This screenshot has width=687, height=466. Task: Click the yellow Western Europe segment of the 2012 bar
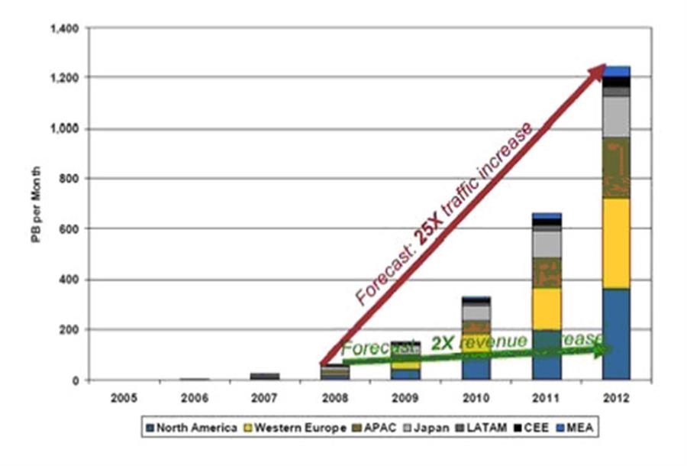pos(616,242)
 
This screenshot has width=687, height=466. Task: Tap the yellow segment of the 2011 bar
pos(546,308)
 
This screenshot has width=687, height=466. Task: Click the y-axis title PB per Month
pos(36,205)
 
